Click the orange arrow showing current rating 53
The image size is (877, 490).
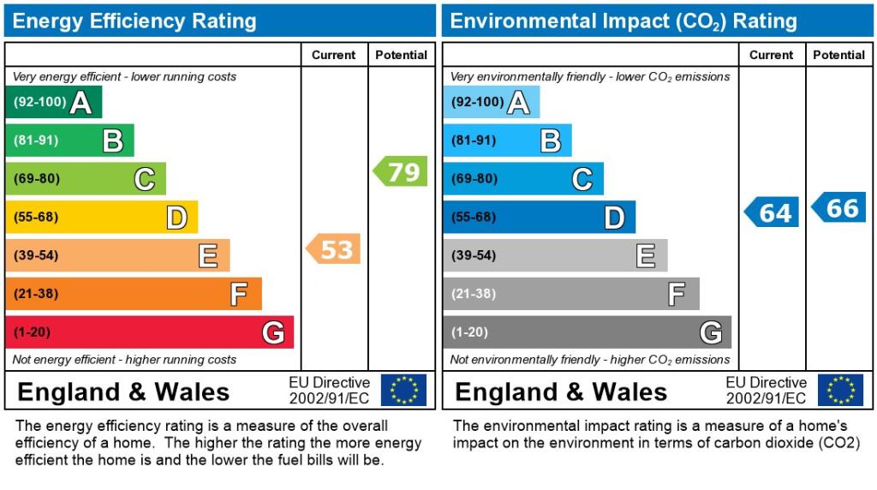pos(334,249)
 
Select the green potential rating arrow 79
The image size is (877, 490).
pos(401,171)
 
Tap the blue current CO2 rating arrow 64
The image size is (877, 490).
pos(772,212)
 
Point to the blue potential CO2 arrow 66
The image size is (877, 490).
pos(839,207)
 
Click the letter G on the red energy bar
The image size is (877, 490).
pos(272,332)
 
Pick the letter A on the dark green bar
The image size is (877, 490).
pos(81,103)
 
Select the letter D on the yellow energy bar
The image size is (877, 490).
pos(176,218)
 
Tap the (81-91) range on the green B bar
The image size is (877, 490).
pos(36,140)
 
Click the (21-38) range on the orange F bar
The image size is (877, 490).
pos(36,294)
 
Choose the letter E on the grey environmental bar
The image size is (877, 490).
pos(646,255)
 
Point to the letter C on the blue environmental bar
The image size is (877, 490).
pos(582,179)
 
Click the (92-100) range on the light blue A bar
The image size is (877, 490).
pos(477,102)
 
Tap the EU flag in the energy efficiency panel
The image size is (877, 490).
pos(403,391)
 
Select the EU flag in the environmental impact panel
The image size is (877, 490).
pos(840,391)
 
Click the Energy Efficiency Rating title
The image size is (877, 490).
pos(134,21)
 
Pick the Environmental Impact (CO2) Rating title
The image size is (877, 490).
pos(623,21)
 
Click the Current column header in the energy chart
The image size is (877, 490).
pos(333,55)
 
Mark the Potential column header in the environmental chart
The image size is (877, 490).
pos(838,55)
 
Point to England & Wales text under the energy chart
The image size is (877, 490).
pos(123,392)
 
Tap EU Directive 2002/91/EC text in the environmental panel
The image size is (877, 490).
pos(767,391)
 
